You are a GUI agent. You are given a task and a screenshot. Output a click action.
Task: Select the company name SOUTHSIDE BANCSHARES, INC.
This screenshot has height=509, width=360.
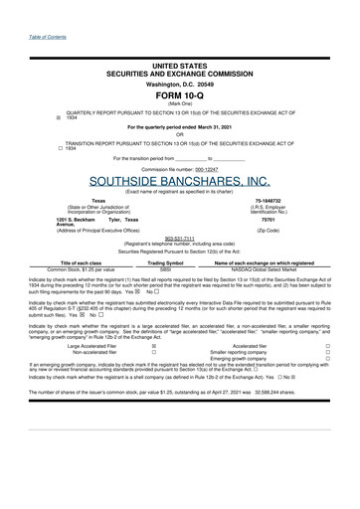tap(180, 181)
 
